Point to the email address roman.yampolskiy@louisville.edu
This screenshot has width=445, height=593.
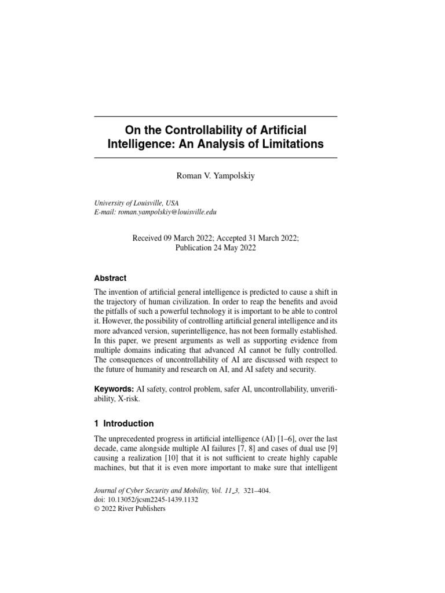tap(167, 212)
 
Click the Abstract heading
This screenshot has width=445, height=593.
tap(110, 278)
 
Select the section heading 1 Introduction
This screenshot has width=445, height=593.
tap(124, 423)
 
